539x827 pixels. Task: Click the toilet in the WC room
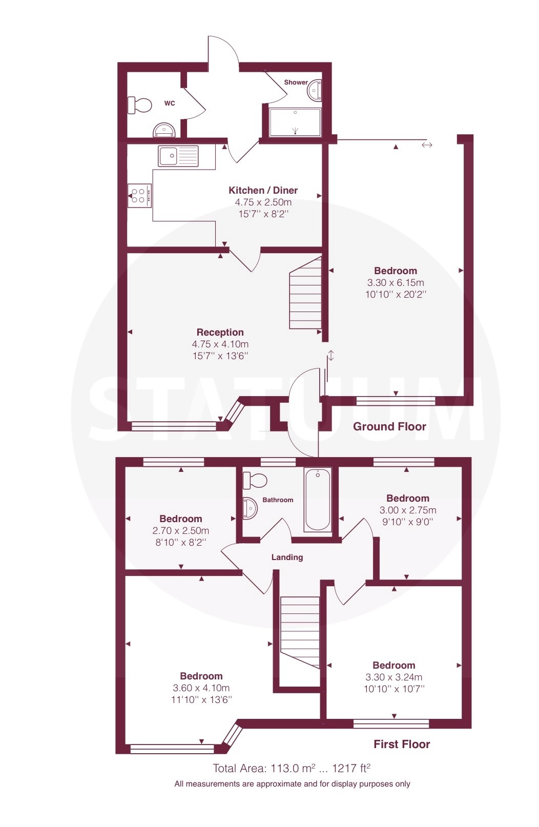[x=139, y=105]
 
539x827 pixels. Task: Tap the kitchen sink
[x=178, y=156]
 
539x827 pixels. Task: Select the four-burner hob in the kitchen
[x=139, y=195]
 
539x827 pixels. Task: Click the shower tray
[x=295, y=122]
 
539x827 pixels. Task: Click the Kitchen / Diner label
[x=263, y=190]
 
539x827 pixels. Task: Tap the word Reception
[x=220, y=332]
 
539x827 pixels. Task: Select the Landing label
[x=287, y=557]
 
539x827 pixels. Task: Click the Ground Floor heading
[x=389, y=426]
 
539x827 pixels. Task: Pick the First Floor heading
[x=402, y=744]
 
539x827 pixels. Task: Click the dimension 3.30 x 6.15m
[x=396, y=283]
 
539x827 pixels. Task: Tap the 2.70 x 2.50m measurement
[x=180, y=530]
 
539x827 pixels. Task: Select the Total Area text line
[x=292, y=768]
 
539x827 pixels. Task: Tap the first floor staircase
[x=300, y=632]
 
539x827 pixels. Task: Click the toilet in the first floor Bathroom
[x=255, y=480]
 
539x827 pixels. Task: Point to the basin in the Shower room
[x=314, y=90]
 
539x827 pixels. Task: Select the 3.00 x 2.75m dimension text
[x=407, y=510]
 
